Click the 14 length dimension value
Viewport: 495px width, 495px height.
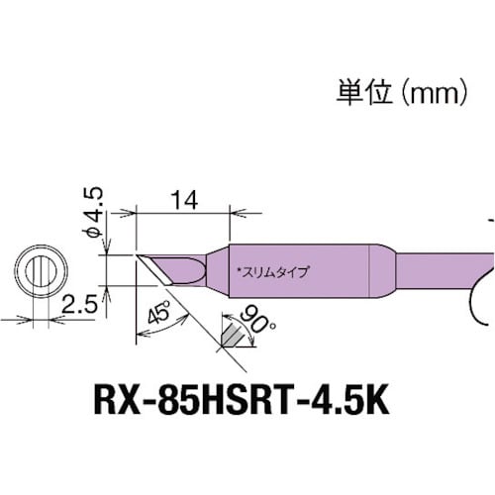click(181, 198)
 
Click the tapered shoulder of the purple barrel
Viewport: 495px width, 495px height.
click(381, 269)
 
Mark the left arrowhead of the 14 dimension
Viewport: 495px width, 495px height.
click(138, 211)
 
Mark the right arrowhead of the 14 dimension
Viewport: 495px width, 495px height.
click(230, 211)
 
